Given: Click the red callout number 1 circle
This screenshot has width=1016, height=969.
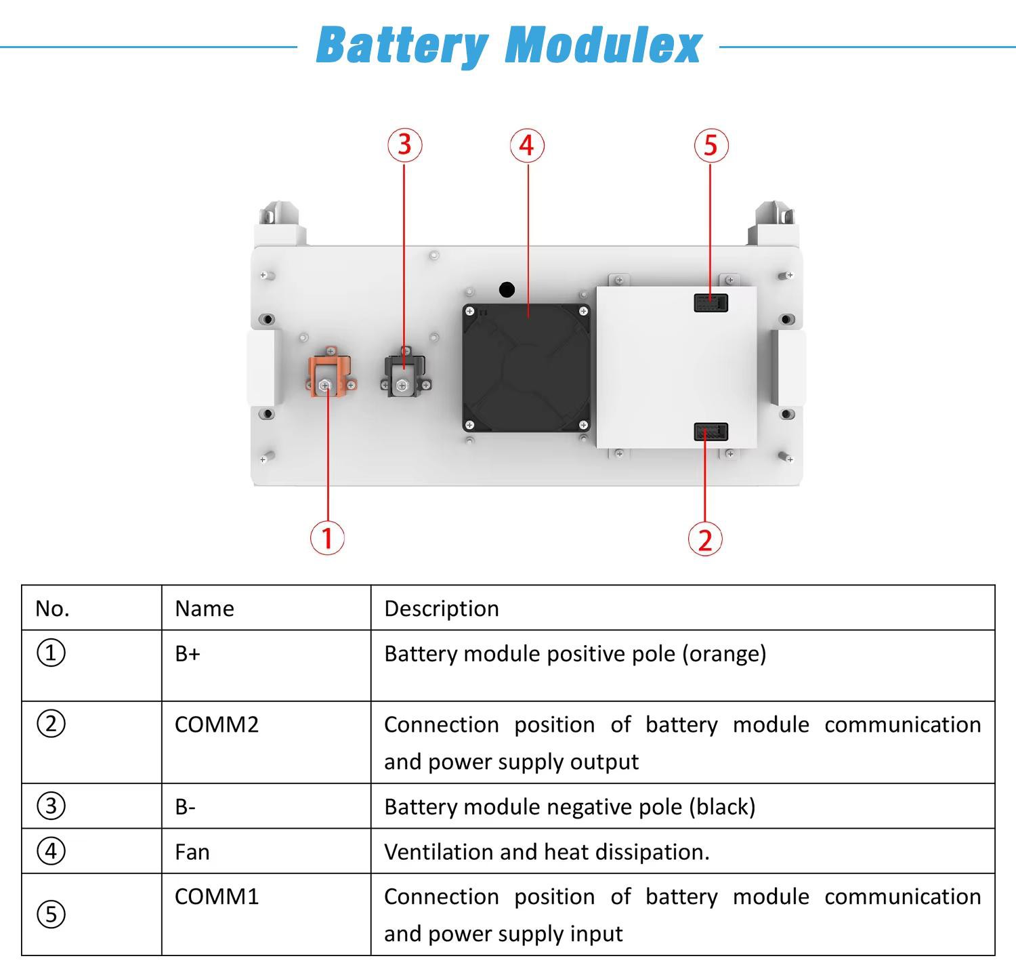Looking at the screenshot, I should tap(327, 538).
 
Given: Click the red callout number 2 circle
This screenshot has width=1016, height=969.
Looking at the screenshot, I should tap(705, 539).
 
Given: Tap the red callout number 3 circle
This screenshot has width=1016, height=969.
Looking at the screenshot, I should tap(404, 145).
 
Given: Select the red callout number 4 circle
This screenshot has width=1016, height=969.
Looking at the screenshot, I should tap(527, 146).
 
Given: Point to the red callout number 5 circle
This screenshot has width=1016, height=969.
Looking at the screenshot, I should tap(711, 145).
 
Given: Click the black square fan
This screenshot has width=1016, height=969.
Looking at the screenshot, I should tap(526, 368).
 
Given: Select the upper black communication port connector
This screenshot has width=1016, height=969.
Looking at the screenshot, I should tap(711, 302).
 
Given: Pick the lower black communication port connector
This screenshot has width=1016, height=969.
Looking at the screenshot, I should tap(711, 432).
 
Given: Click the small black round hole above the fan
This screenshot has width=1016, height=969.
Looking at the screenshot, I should tap(507, 290).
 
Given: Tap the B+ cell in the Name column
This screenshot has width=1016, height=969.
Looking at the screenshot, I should tap(188, 654).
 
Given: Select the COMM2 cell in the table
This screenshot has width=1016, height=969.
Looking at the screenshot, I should tap(217, 724).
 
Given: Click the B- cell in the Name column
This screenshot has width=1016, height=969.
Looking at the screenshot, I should tap(185, 806).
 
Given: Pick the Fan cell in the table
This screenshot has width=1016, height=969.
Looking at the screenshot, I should tap(192, 852).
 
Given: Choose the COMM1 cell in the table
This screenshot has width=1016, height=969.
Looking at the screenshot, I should tap(217, 896).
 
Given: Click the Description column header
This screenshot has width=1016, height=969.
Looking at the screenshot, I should tap(442, 609).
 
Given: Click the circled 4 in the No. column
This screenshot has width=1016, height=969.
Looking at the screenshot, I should tap(51, 851).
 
